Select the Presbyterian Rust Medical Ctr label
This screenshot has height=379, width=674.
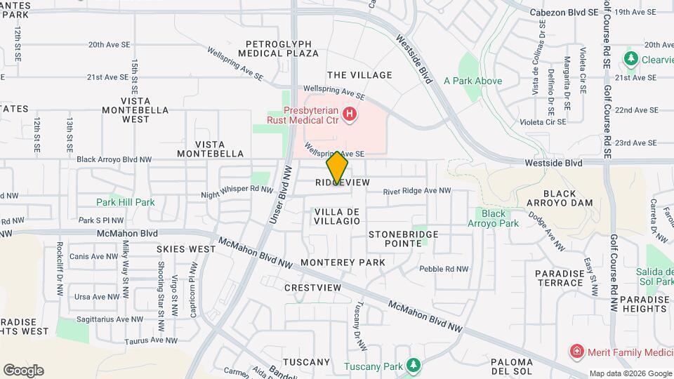tap(303, 115)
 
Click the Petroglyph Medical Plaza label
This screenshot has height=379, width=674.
tap(278, 48)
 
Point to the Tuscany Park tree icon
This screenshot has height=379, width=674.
tap(414, 365)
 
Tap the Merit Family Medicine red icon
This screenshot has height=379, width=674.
tap(576, 350)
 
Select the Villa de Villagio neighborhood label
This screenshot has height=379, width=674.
tap(337, 215)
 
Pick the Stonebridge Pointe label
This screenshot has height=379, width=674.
tap(404, 238)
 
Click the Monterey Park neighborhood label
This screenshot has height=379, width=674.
tap(343, 262)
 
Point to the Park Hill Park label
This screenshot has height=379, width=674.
tap(126, 202)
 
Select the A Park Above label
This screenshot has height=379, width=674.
tap(473, 81)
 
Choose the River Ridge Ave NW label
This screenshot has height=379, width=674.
tap(416, 190)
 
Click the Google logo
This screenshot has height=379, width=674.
tap(23, 370)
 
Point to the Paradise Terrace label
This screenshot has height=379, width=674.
tap(559, 278)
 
